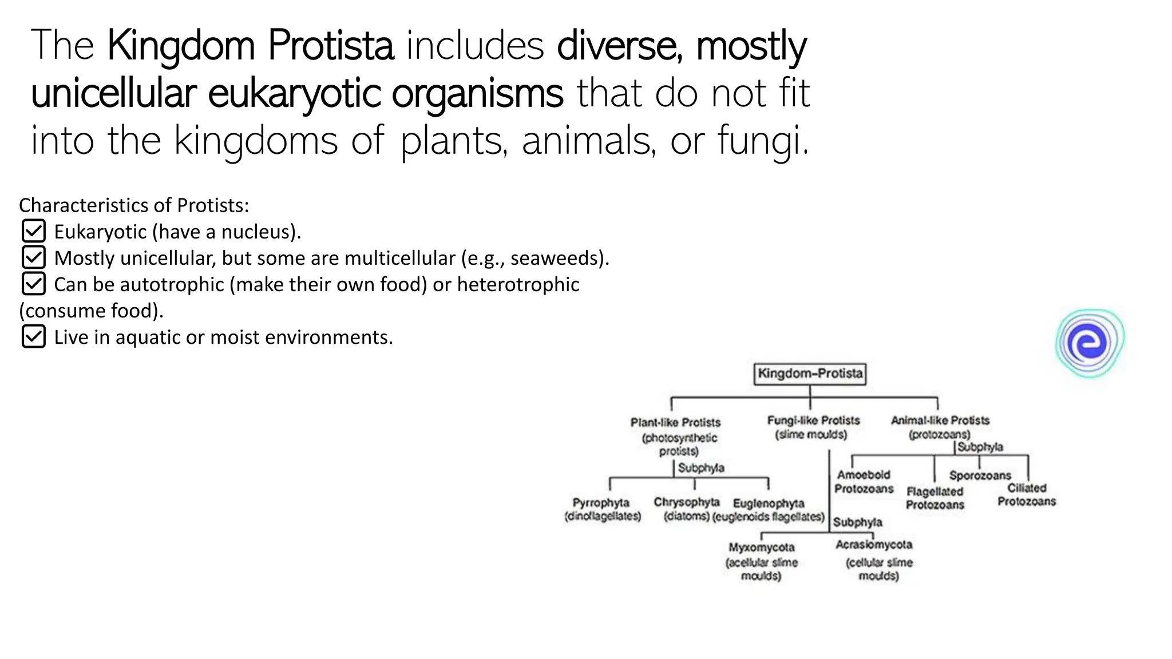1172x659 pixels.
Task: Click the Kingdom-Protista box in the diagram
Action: coord(809,374)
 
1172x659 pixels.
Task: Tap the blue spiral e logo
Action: coord(1090,343)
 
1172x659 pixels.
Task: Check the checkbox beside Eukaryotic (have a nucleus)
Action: coord(33,232)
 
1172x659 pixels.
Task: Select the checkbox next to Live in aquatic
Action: coord(33,337)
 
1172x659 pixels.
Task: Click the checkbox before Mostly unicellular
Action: coord(33,258)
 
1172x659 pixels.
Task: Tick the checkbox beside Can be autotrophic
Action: coord(33,284)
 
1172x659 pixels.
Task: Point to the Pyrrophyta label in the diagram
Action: coord(601,503)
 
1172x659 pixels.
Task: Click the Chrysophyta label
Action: coord(686,502)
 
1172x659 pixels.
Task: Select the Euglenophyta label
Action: coord(769,503)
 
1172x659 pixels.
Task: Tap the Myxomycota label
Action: coord(761,547)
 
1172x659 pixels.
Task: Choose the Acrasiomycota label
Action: coord(873,545)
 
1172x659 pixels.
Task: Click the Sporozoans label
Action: coord(980,475)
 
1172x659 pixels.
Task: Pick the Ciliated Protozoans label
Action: coord(1027,495)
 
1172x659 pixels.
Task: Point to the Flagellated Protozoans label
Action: coord(935,498)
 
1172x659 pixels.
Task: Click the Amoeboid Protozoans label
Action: coord(864,482)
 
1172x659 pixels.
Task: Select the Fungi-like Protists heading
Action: coord(813,420)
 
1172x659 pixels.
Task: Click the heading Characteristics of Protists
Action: coord(134,205)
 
